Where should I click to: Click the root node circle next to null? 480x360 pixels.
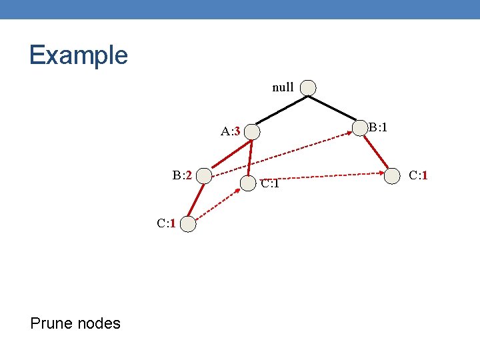308,88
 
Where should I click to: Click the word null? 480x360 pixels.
283,87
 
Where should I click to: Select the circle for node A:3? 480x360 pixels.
251,131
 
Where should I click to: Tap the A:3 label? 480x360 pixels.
230,131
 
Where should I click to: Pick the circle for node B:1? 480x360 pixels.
360,128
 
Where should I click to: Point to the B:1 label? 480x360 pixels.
378,127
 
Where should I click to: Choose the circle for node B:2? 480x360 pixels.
204,176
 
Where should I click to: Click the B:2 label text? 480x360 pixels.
182,175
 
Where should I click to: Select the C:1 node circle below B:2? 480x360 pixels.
189,224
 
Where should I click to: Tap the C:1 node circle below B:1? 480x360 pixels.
392,176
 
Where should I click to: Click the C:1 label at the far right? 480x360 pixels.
418,175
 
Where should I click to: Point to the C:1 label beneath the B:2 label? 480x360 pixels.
166,223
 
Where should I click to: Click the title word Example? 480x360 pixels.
78,55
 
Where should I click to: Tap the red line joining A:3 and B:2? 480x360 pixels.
228,153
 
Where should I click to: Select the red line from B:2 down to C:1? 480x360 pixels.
197,200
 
